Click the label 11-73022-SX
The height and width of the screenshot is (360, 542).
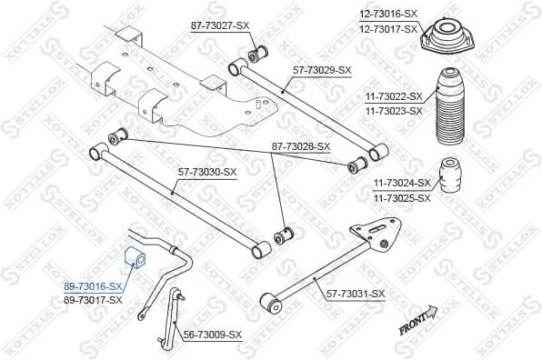click(x=393, y=96)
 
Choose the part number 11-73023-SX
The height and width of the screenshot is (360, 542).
click(x=393, y=111)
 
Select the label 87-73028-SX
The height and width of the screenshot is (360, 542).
click(x=300, y=145)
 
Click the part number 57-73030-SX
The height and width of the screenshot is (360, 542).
click(x=206, y=172)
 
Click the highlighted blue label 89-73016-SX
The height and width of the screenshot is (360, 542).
click(x=93, y=285)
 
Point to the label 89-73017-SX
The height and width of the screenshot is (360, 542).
click(x=93, y=299)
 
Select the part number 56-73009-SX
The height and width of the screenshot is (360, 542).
click(x=213, y=335)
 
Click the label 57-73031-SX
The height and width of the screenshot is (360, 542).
click(x=356, y=293)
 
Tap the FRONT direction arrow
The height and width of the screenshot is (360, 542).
click(x=418, y=321)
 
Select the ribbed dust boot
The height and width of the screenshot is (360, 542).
click(x=452, y=107)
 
